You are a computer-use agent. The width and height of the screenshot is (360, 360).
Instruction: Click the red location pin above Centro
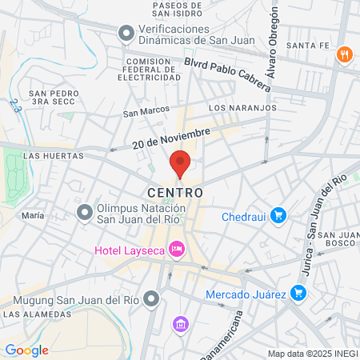coord(179,164)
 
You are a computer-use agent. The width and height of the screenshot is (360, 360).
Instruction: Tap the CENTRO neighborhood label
coord(175,193)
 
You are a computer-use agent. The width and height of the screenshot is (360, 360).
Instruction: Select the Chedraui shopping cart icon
coord(278,214)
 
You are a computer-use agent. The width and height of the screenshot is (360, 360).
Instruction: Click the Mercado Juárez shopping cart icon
coord(298,293)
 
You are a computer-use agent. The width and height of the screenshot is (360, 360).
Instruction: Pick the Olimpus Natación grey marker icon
coord(84,213)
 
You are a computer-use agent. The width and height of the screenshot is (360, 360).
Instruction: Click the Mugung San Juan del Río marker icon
coord(153,300)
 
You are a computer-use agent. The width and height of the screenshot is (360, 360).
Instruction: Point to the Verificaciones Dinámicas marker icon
coord(126,34)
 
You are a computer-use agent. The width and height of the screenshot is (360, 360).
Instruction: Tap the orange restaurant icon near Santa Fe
coord(345,54)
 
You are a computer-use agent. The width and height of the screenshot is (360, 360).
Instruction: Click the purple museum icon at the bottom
coord(180,324)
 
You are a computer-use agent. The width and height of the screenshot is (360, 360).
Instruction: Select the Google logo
coord(26,350)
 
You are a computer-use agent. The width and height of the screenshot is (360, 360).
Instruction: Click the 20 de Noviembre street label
coord(171,138)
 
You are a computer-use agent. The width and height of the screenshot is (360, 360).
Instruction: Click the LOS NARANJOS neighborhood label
coord(242,107)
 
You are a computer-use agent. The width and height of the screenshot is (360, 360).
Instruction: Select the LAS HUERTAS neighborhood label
coord(54,156)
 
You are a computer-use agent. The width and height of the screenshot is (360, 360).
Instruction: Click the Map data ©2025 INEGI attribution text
coord(312,354)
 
